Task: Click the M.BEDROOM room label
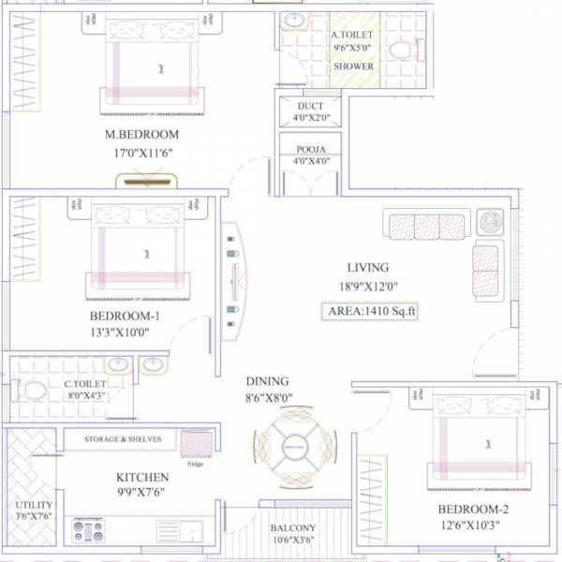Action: [143, 135]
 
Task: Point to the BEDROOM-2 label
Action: [473, 509]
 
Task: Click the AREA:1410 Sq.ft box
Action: [369, 311]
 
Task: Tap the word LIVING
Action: [367, 268]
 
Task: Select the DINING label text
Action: [267, 381]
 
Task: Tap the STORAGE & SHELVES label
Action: [123, 439]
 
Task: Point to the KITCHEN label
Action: [142, 477]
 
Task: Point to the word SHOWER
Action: [353, 67]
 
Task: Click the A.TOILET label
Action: [353, 37]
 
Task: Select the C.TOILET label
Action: [84, 384]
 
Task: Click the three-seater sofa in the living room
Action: [427, 226]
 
